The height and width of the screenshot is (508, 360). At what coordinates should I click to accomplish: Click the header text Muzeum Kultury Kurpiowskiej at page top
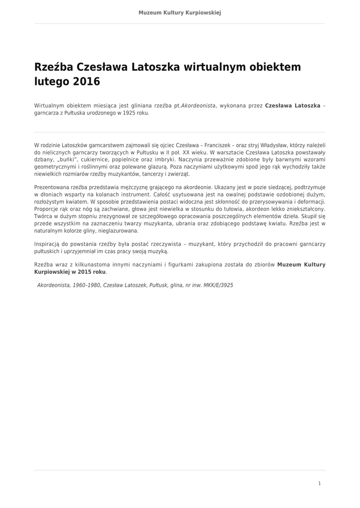[180, 12]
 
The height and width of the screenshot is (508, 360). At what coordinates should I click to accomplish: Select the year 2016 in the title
[86, 81]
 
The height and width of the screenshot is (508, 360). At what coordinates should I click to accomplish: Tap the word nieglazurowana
[118, 231]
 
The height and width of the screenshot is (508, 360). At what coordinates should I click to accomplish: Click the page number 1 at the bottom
[319, 483]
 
